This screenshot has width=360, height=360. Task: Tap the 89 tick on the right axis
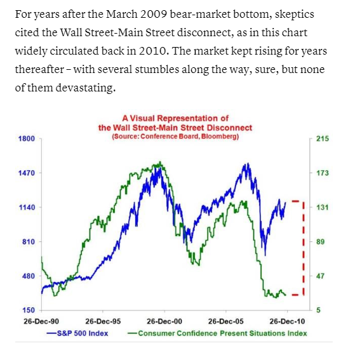(x=320, y=242)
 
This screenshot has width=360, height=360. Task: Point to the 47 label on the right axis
(x=320, y=276)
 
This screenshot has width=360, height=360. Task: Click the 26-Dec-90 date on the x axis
(x=41, y=322)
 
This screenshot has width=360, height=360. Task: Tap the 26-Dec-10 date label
(x=288, y=322)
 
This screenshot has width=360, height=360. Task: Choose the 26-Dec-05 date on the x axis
(x=226, y=322)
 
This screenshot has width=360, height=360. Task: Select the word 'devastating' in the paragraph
(x=85, y=88)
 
